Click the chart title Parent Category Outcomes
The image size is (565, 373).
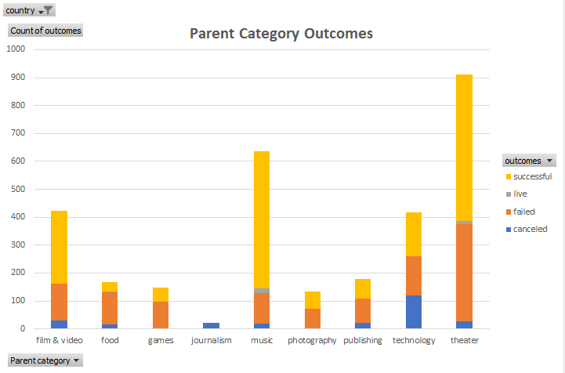pyautogui.click(x=281, y=34)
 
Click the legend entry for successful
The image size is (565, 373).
pyautogui.click(x=532, y=176)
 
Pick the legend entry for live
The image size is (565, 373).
pyautogui.click(x=520, y=194)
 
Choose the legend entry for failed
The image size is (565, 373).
pyautogui.click(x=524, y=212)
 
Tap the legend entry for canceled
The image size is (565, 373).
pyautogui.click(x=530, y=229)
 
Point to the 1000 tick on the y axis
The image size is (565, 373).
pyautogui.click(x=16, y=49)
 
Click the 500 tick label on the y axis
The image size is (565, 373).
pyautogui.click(x=18, y=189)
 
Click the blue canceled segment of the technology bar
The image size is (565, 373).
pyautogui.click(x=414, y=312)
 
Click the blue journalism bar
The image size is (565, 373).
pyautogui.click(x=212, y=325)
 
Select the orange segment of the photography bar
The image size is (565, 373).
pyautogui.click(x=312, y=318)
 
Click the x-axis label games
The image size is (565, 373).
pyautogui.click(x=161, y=340)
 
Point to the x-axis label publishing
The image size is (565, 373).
pyautogui.click(x=363, y=340)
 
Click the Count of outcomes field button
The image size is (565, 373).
pyautogui.click(x=45, y=31)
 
